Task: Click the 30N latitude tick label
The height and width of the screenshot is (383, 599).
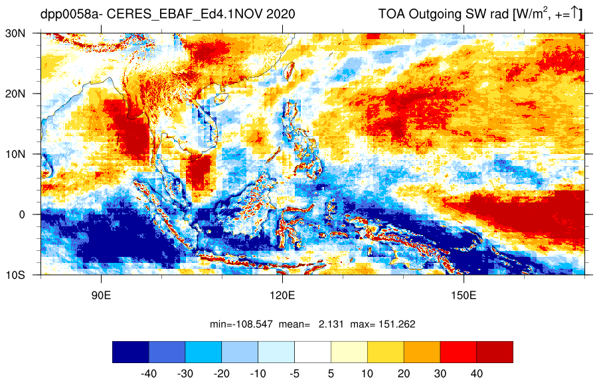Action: (15, 33)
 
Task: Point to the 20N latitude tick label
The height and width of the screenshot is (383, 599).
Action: (15, 94)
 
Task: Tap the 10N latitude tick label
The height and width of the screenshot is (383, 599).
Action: (15, 154)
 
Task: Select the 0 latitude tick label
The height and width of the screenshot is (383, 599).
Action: (22, 214)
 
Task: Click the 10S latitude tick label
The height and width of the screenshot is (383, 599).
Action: (15, 275)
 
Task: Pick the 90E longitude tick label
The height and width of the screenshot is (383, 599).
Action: (101, 295)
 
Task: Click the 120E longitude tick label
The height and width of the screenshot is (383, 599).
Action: (282, 295)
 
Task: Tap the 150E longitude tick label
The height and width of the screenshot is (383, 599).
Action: (464, 295)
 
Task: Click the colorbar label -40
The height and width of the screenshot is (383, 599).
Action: (149, 374)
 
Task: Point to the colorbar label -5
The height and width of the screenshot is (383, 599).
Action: (294, 374)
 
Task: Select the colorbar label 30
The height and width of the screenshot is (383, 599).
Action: (440, 374)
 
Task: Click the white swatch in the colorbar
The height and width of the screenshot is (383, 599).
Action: (313, 352)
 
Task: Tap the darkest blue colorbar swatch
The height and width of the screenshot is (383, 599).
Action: (131, 352)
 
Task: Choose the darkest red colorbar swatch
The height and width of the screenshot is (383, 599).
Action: (495, 352)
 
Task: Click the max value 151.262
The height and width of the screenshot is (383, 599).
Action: (396, 324)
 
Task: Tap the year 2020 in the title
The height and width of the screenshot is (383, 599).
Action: (281, 14)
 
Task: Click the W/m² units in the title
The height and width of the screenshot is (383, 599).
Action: (529, 13)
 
